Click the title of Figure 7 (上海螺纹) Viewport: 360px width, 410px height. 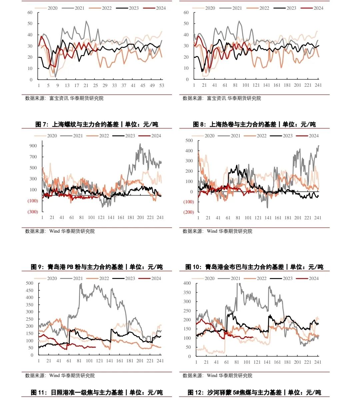(97, 124)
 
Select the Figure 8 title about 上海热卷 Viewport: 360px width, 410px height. (254, 124)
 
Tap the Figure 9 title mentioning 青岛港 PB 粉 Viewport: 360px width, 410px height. (97, 267)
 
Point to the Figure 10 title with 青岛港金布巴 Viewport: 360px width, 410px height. (254, 267)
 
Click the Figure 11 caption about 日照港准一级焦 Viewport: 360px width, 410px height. (97, 393)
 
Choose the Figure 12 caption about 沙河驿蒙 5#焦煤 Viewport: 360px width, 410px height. (254, 393)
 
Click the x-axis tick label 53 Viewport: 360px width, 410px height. (162, 86)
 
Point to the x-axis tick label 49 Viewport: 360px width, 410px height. (152, 86)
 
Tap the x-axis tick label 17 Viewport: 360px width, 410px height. (77, 86)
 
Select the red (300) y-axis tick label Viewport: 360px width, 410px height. (33, 212)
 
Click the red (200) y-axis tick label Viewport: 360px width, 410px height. (188, 212)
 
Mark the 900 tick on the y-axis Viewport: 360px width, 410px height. (33, 146)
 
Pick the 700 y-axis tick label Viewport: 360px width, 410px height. (33, 157)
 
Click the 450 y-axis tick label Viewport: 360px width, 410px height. (30, 290)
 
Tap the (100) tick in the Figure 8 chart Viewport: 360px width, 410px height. (188, 202)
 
